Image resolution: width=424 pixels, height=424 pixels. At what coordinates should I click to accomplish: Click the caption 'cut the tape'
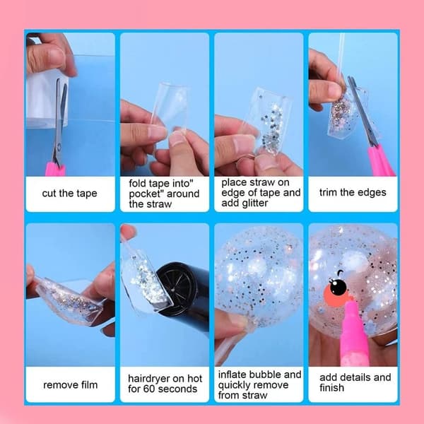[x=69, y=194]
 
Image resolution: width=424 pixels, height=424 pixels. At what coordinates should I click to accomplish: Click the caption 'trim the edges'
[x=353, y=192]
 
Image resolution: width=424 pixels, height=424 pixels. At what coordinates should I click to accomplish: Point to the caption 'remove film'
[x=70, y=384]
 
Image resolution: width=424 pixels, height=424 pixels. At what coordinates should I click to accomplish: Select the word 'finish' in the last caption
[x=332, y=388]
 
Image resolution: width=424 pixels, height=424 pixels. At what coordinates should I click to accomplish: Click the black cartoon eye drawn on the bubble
[x=338, y=287]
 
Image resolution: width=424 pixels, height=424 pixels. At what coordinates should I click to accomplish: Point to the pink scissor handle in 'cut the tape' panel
[x=55, y=169]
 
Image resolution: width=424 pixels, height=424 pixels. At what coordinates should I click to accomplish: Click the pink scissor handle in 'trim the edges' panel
[x=381, y=161]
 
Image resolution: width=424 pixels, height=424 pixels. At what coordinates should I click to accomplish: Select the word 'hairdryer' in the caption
[x=150, y=379]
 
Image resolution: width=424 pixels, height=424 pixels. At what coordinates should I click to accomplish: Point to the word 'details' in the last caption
[x=360, y=377]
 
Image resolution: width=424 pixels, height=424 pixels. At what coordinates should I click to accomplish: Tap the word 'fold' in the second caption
[x=138, y=183]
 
